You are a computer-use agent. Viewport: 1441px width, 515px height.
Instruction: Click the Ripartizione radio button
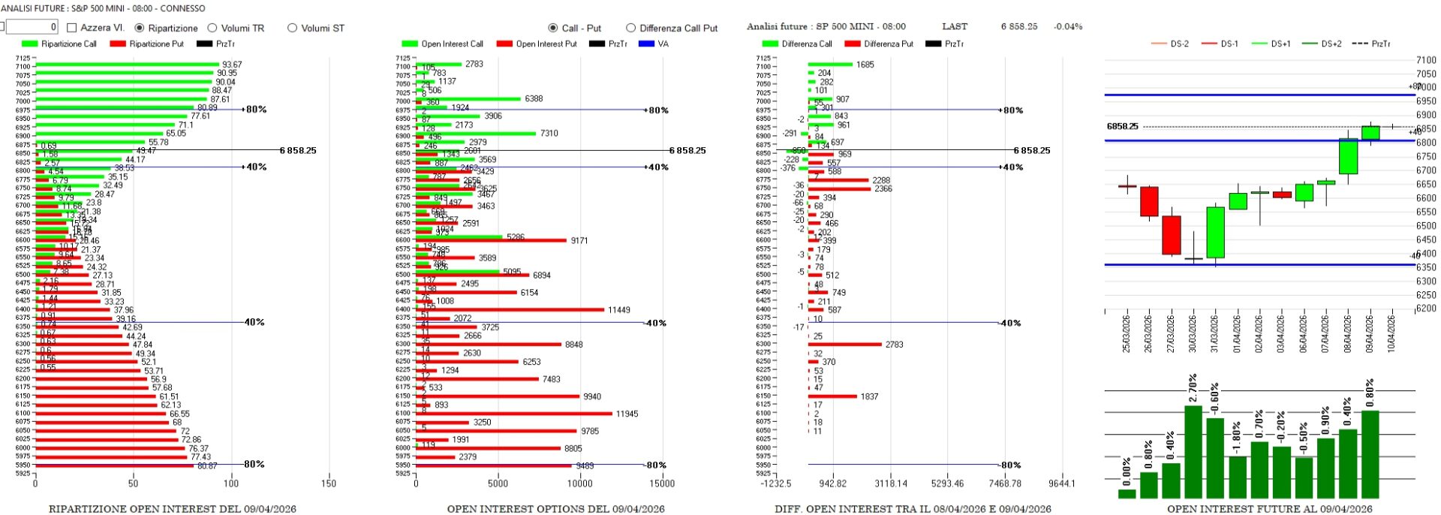point(140,28)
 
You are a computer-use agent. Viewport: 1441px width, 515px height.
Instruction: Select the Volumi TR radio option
point(212,28)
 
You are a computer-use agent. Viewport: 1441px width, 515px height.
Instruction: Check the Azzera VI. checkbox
point(72,28)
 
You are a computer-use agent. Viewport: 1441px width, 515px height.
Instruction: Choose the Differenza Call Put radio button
point(630,28)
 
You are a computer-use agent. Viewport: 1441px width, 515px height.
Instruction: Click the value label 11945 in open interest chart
point(627,414)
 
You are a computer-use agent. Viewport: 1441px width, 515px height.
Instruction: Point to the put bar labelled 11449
point(510,309)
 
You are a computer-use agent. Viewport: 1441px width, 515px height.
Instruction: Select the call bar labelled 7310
point(476,133)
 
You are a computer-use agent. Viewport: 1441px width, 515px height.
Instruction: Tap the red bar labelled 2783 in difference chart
point(845,345)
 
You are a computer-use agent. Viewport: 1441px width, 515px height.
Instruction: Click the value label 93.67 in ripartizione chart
point(232,65)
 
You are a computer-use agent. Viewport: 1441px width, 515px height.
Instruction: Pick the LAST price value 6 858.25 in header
point(1019,26)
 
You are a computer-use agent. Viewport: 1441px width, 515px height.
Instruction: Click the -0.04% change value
point(1068,26)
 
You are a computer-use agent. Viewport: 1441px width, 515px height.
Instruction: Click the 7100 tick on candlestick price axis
point(1426,60)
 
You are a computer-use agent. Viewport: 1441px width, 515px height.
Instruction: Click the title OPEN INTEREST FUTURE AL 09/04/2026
point(1269,509)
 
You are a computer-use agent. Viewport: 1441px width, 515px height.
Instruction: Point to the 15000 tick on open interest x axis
point(661,483)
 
